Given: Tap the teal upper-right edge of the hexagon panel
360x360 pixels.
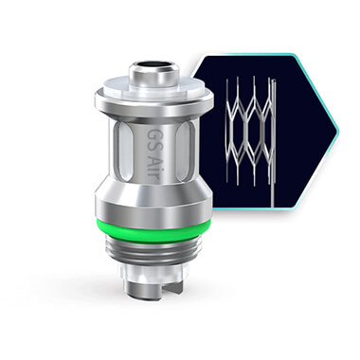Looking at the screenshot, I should (x=318, y=76).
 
